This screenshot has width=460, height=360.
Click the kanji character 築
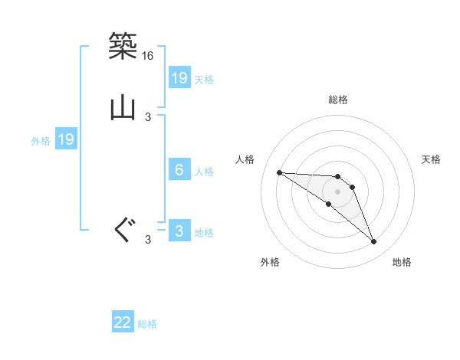tap(123, 46)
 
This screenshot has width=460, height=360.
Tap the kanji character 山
tap(123, 108)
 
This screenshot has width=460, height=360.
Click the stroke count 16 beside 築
tap(148, 56)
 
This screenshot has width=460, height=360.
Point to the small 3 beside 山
tap(148, 117)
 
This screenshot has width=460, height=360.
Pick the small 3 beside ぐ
tap(148, 240)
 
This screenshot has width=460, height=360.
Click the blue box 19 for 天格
tap(179, 78)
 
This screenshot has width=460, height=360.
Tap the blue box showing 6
tap(179, 170)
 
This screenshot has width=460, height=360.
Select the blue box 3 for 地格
tap(179, 232)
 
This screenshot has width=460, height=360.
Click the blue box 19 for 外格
tap(65, 139)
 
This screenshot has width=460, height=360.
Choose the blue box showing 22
tap(123, 323)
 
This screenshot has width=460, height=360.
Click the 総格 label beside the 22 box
tap(147, 324)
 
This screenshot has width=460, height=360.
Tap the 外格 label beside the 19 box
tap(41, 140)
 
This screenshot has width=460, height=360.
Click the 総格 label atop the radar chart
tap(338, 100)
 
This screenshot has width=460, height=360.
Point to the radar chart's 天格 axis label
tap(431, 159)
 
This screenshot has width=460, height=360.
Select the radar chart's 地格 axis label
tap(402, 262)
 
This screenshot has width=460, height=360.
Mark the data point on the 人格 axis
tap(279, 172)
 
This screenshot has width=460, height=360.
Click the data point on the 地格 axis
tap(374, 242)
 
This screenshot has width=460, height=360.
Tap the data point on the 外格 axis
tap(329, 204)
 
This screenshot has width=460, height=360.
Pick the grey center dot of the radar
tap(338, 191)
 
